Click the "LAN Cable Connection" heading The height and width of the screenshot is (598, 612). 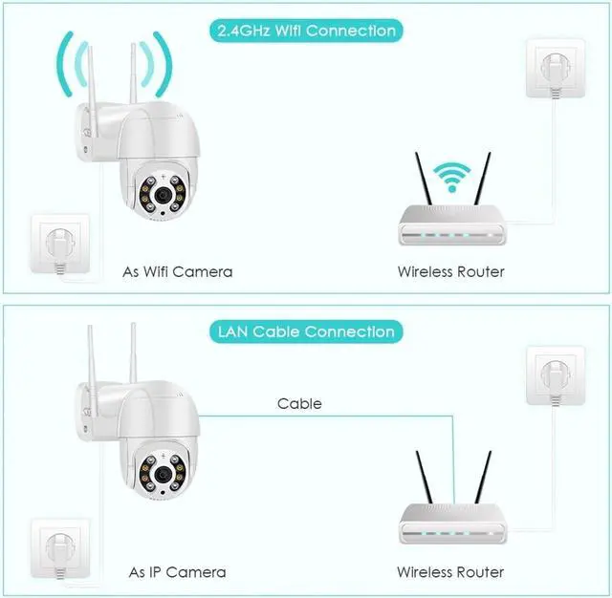(x=305, y=331)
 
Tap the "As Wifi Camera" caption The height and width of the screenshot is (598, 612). (x=177, y=272)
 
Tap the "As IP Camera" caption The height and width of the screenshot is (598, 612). (x=177, y=572)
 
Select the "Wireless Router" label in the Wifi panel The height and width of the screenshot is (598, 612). (x=450, y=272)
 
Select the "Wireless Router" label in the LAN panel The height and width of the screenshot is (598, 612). (x=450, y=572)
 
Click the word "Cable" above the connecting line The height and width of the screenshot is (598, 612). (x=299, y=404)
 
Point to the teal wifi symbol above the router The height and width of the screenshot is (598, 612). (x=450, y=178)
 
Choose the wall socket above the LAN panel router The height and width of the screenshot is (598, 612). (x=552, y=374)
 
